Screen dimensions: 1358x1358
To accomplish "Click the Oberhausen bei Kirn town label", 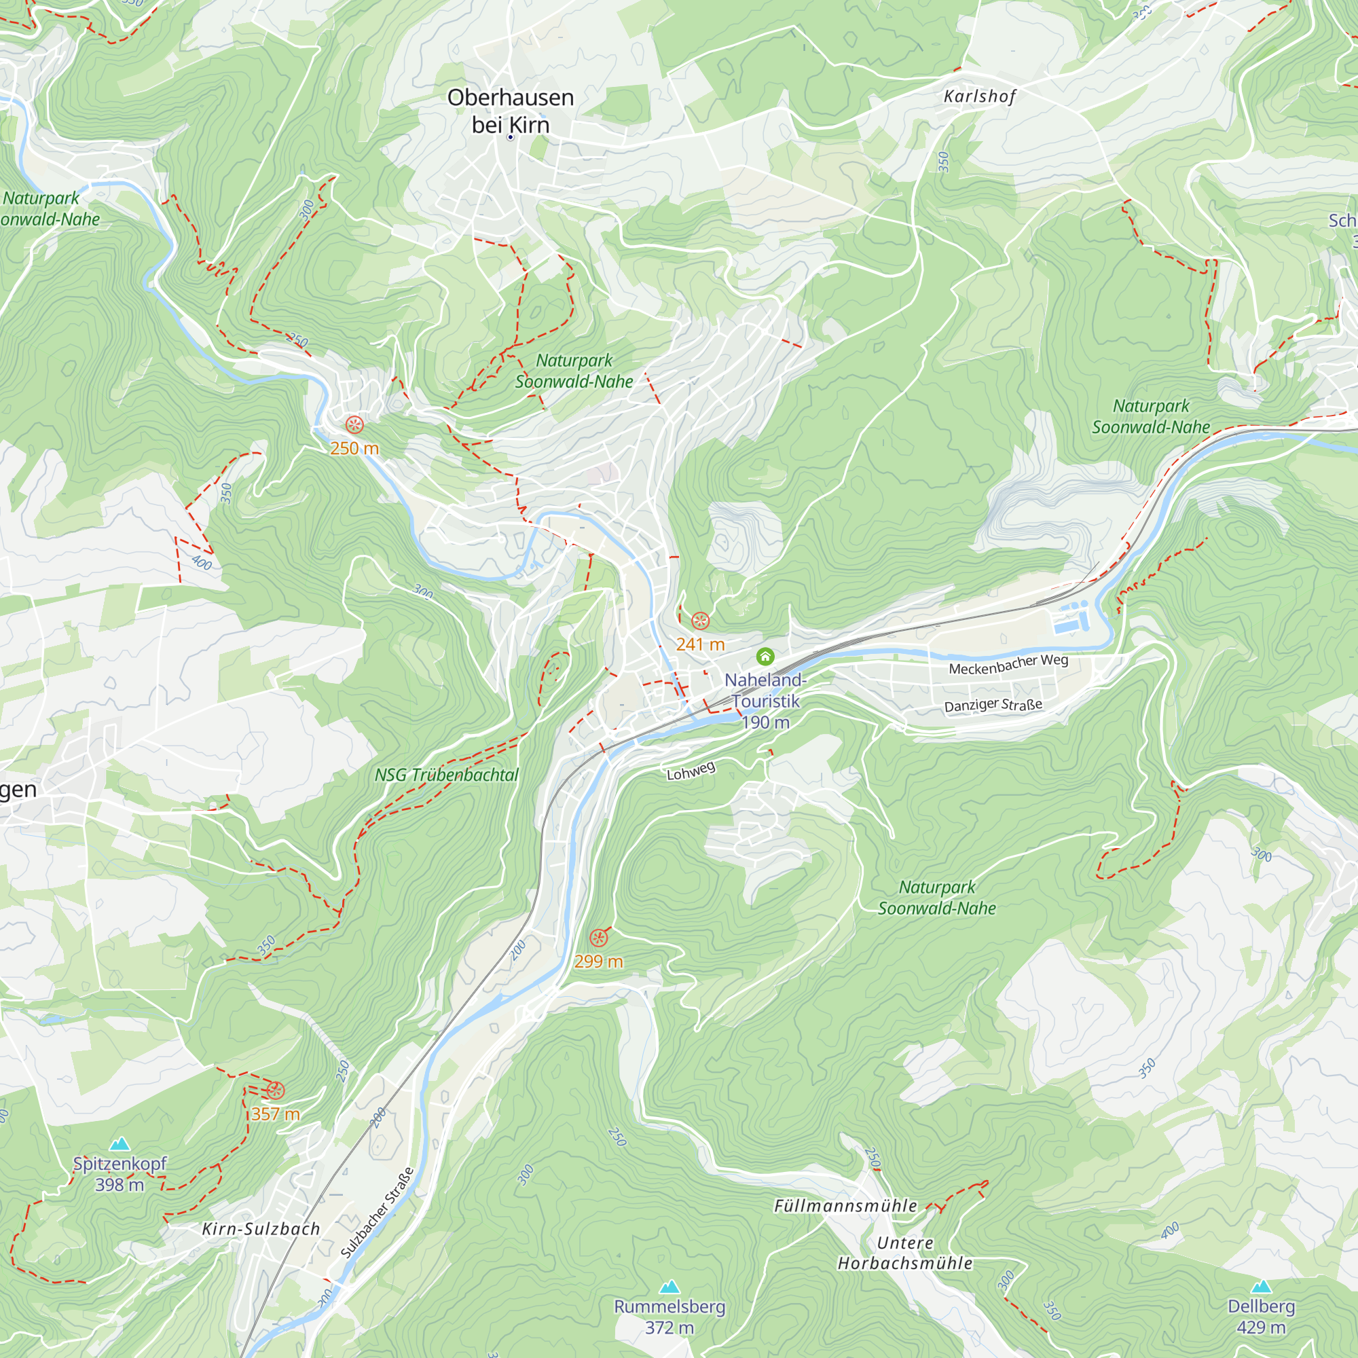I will pyautogui.click(x=511, y=111).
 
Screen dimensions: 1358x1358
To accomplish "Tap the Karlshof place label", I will pyautogui.click(x=980, y=96).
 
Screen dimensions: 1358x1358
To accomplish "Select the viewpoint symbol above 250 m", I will pyautogui.click(x=354, y=424).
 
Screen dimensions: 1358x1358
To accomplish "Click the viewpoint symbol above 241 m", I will pyautogui.click(x=700, y=621).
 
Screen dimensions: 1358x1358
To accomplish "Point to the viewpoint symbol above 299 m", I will pyautogui.click(x=598, y=938).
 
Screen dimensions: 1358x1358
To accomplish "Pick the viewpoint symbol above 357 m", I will pyautogui.click(x=275, y=1090).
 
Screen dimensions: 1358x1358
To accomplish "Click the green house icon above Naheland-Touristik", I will pyautogui.click(x=765, y=657).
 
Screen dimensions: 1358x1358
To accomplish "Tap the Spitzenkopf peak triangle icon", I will pyautogui.click(x=120, y=1143).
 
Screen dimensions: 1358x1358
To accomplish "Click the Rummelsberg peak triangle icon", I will pyautogui.click(x=669, y=1287).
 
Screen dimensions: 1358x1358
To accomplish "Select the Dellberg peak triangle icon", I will pyautogui.click(x=1261, y=1286).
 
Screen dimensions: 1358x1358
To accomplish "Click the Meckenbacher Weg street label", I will pyautogui.click(x=1008, y=664).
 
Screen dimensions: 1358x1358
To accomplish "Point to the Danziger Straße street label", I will pyautogui.click(x=993, y=705).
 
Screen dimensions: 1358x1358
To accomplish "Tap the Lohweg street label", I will pyautogui.click(x=691, y=771).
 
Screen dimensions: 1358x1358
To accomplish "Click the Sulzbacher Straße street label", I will pyautogui.click(x=378, y=1213).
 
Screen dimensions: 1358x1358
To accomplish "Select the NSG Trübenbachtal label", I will pyautogui.click(x=446, y=775).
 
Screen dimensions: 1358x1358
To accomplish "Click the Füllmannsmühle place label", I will pyautogui.click(x=845, y=1206).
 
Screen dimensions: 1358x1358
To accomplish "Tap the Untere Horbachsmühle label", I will pyautogui.click(x=904, y=1253).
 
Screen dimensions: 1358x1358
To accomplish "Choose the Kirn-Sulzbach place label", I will pyautogui.click(x=261, y=1230).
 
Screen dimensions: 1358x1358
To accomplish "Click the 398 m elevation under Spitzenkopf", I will pyautogui.click(x=120, y=1185).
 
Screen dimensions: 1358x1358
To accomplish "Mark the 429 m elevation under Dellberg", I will pyautogui.click(x=1261, y=1327).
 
